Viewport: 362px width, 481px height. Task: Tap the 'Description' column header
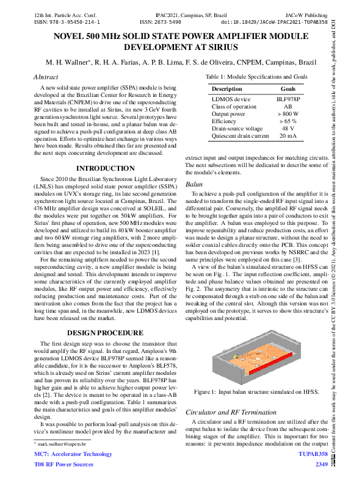coord(226,88)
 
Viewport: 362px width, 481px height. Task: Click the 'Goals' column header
coord(283,88)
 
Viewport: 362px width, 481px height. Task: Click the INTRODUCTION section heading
coord(105,168)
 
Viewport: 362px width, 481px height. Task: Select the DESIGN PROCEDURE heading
coord(105,333)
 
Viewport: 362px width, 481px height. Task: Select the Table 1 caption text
coord(256,76)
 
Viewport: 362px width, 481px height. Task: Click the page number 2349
coord(321,465)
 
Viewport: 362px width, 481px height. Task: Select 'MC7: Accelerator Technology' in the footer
coord(73,455)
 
